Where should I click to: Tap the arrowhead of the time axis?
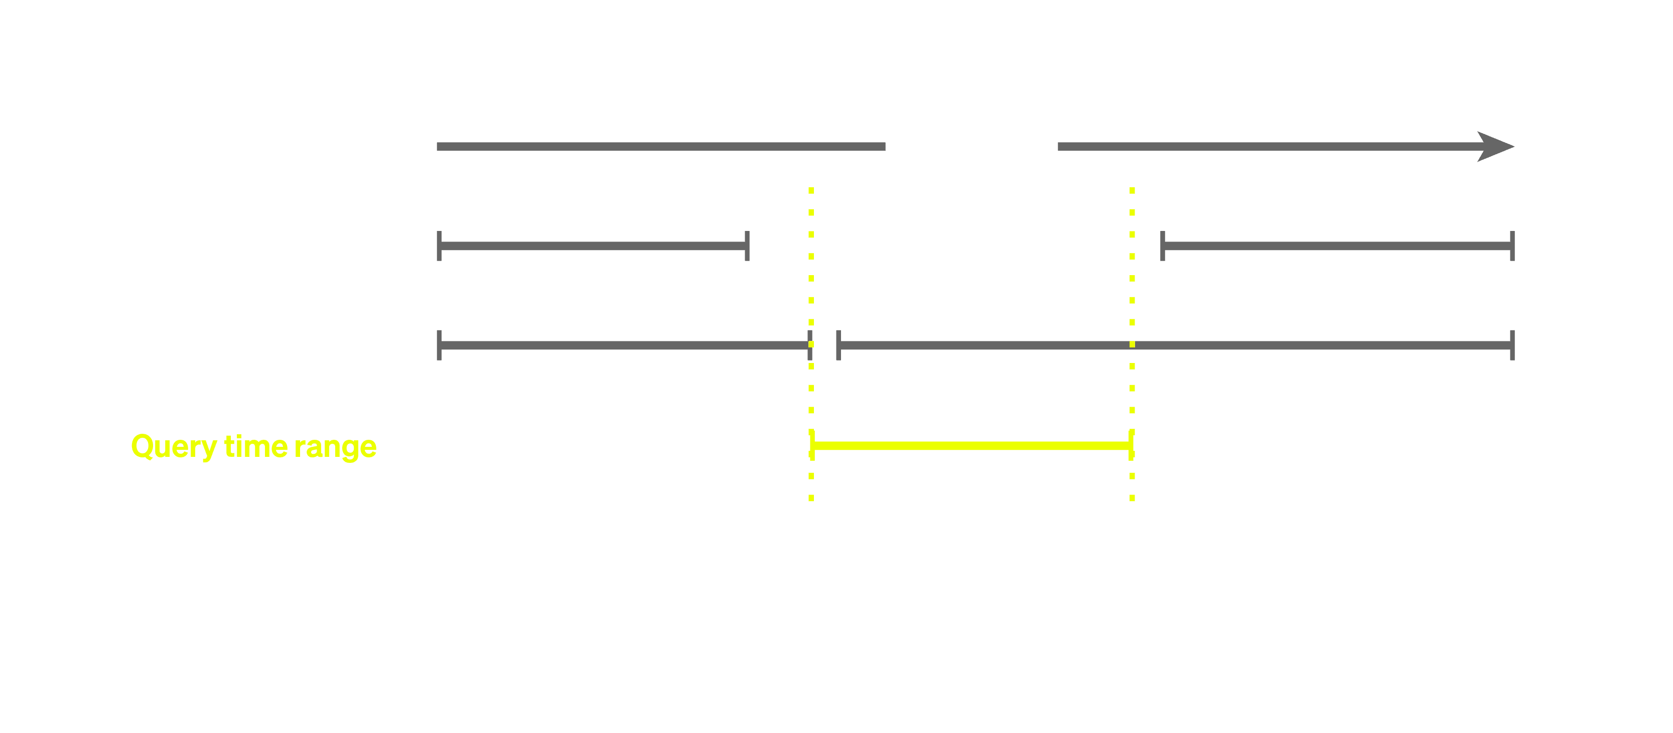pyautogui.click(x=1496, y=147)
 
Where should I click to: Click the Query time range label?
pyautogui.click(x=254, y=446)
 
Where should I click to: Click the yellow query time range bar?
pyautogui.click(x=971, y=445)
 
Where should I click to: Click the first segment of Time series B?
pyautogui.click(x=623, y=346)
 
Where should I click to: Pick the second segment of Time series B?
pyautogui.click(x=1176, y=346)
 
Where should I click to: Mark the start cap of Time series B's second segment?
pyautogui.click(x=839, y=345)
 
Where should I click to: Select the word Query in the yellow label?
pyautogui.click(x=174, y=447)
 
